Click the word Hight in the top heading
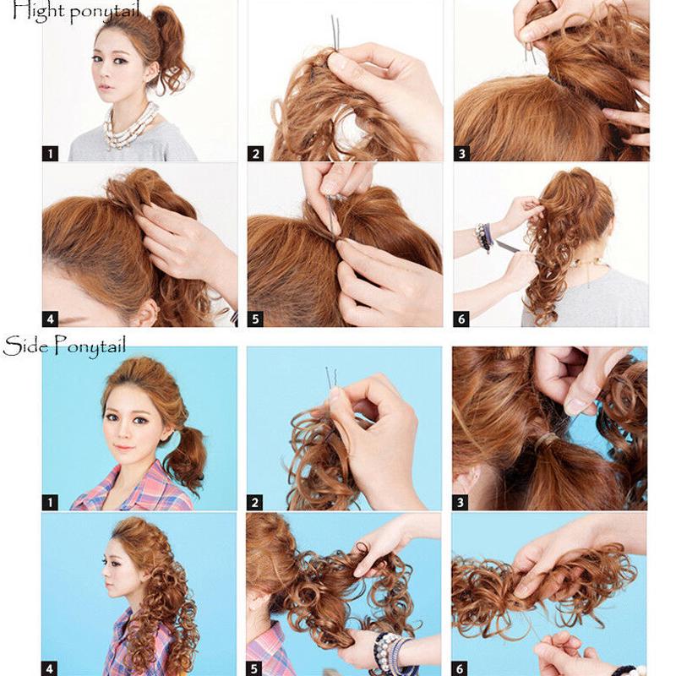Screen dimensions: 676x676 point(38,11)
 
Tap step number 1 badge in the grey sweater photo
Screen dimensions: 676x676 point(50,154)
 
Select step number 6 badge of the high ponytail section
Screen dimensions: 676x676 point(461,319)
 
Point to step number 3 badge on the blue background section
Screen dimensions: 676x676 point(460,502)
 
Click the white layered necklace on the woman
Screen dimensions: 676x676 point(129,126)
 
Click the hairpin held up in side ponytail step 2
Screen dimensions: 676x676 point(330,379)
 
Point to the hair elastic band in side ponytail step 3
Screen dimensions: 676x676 point(546,440)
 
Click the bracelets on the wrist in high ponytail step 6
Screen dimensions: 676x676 point(485,237)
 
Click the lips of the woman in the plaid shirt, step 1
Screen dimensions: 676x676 point(124,447)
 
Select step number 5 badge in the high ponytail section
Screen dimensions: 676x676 point(255,319)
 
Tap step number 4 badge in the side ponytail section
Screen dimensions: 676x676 point(50,668)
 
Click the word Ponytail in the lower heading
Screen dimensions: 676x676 point(90,347)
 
